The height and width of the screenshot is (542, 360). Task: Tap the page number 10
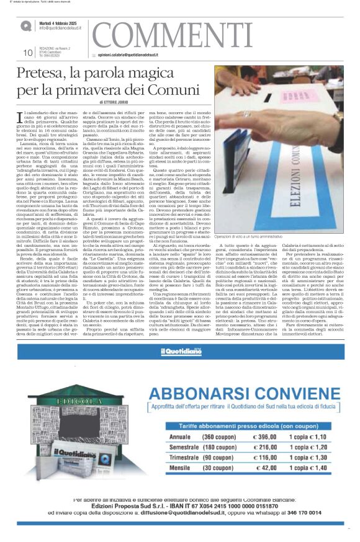(28, 53)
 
